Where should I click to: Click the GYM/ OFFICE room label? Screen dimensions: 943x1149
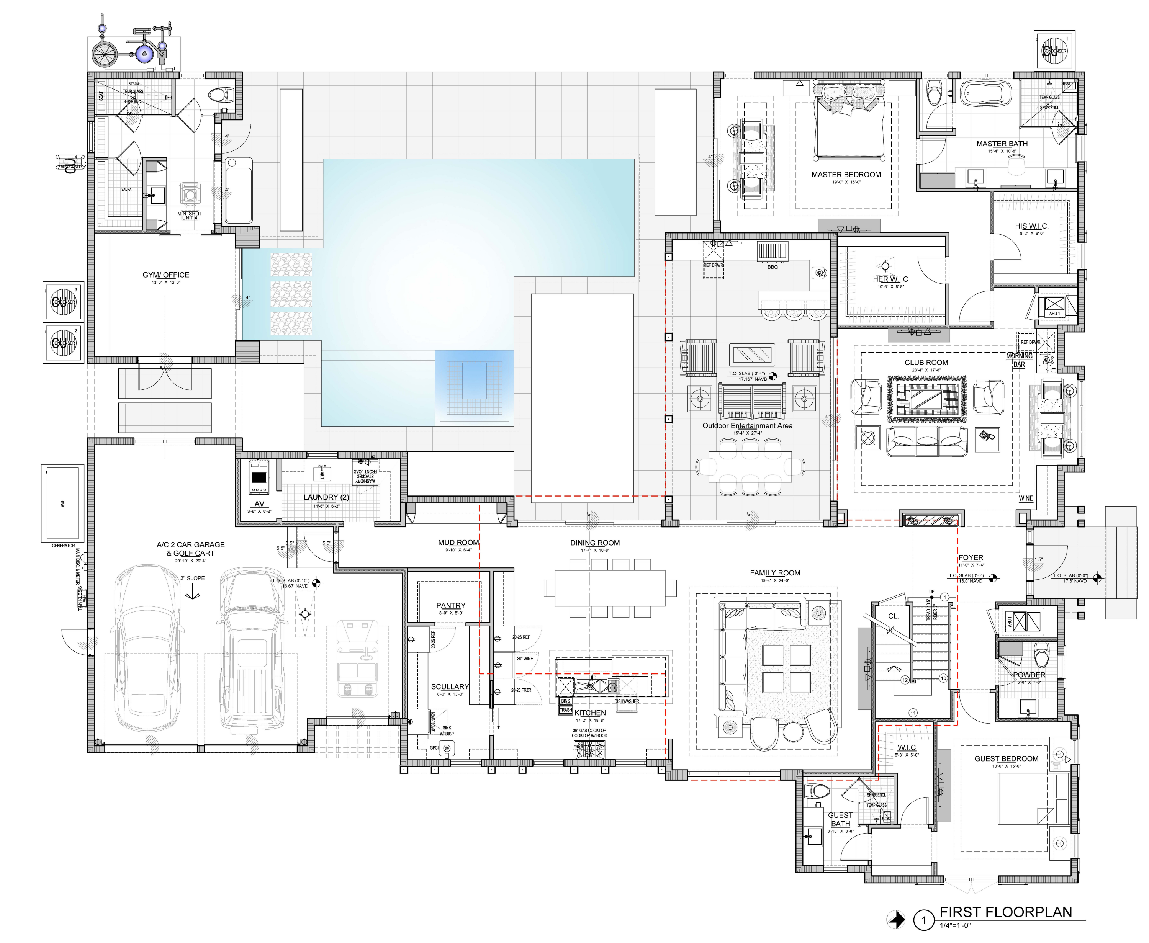166,275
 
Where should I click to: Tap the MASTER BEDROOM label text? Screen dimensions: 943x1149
846,174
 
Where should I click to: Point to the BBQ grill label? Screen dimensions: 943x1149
772,267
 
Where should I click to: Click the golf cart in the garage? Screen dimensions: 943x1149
357,658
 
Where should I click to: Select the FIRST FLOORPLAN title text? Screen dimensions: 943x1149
1006,912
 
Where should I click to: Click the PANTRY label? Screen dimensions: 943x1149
450,605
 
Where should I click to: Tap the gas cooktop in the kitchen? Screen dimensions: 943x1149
589,750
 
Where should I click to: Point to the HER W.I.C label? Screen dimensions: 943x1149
890,279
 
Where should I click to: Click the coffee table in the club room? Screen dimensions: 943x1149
926,399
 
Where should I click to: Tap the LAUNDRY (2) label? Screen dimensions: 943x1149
326,497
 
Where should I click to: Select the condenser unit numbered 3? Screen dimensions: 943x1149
63,301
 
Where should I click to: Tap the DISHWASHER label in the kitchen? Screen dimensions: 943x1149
626,701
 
